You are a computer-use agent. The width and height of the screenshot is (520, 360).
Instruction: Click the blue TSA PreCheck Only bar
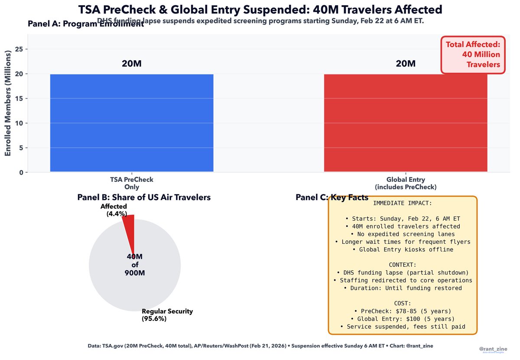pos(132,123)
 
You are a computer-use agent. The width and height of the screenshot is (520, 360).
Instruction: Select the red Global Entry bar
pos(406,123)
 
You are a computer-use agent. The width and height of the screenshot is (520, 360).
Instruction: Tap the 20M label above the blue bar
pos(132,64)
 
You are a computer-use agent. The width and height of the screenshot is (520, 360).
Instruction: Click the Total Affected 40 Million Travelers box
pos(473,55)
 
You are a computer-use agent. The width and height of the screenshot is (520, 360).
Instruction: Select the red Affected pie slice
pos(130,230)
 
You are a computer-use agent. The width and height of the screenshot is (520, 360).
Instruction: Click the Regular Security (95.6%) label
pos(167,315)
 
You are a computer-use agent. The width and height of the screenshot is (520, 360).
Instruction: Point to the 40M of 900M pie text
pos(135,265)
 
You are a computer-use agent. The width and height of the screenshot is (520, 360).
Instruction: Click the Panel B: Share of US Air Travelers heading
pos(144,197)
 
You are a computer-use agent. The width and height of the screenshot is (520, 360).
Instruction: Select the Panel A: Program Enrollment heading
pos(85,24)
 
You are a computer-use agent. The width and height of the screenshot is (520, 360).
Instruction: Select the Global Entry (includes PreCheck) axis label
pos(406,183)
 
